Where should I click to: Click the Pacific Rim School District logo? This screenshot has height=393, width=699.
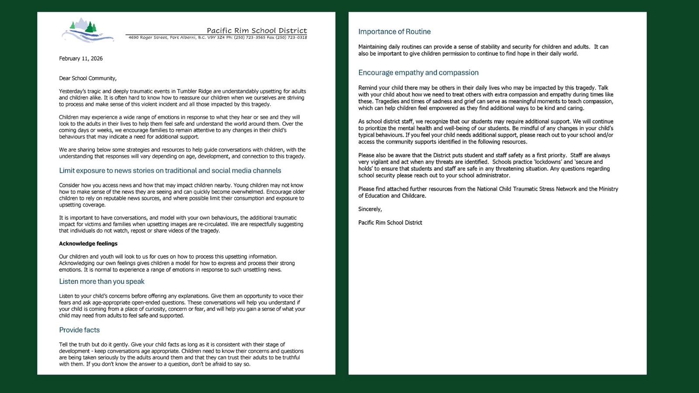tap(87, 31)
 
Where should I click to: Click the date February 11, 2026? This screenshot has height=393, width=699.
tap(81, 59)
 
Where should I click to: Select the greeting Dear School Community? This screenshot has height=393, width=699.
tap(88, 78)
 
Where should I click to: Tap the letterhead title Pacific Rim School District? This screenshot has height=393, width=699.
tap(256, 31)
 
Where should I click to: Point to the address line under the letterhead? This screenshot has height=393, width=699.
tap(218, 38)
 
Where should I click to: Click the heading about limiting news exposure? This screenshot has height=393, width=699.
tap(170, 171)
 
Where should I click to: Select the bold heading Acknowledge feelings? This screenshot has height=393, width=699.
tap(88, 244)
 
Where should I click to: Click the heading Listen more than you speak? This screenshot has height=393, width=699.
tap(102, 282)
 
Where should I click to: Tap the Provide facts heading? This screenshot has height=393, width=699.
tap(80, 330)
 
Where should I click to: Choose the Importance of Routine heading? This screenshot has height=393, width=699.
tap(394, 32)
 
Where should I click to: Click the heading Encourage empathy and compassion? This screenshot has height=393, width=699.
tap(418, 73)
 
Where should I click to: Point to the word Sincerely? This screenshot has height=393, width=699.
tap(370, 209)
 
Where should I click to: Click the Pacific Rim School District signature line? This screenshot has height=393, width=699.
tap(390, 223)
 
